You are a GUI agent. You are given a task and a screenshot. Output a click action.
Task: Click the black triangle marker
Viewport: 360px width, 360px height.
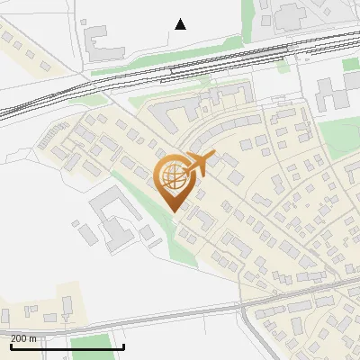180,24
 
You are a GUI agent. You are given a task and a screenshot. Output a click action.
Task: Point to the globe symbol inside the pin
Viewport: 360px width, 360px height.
173,174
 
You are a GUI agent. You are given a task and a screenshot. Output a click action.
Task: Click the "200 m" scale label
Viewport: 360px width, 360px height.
23,338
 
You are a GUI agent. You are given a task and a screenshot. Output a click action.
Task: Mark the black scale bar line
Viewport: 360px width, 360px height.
67,346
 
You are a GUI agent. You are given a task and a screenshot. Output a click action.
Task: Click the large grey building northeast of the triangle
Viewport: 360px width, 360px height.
288,13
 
